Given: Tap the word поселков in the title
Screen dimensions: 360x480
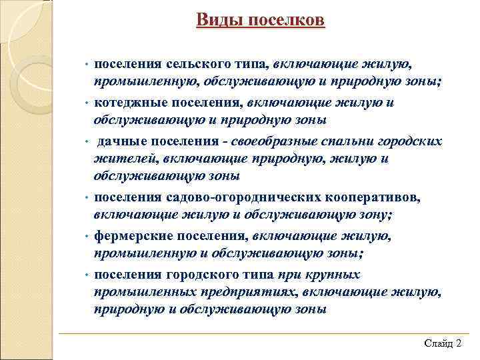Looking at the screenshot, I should pyautogui.click(x=287, y=21).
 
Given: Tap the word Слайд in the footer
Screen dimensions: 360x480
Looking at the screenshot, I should pyautogui.click(x=437, y=343).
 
